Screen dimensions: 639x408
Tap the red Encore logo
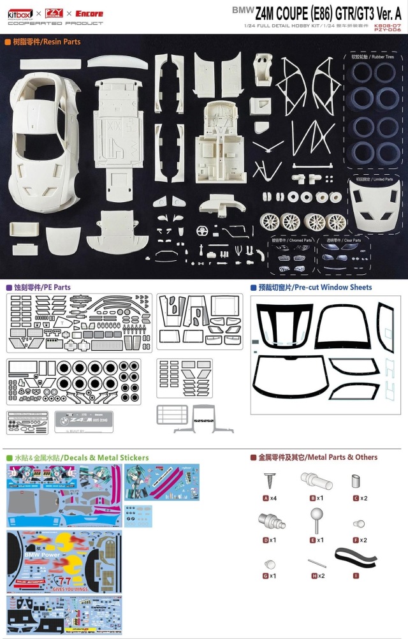(x=89, y=13)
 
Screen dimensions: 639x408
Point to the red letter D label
(x=265, y=540)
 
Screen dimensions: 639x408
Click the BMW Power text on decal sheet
(x=41, y=555)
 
